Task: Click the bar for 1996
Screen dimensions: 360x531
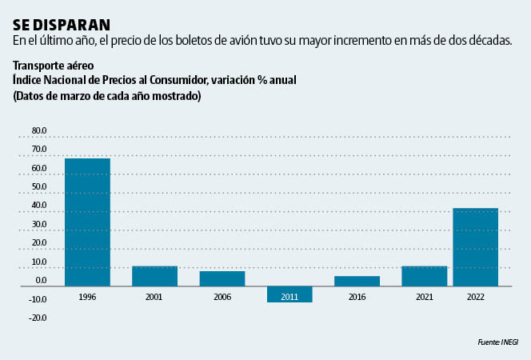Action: [x=87, y=222]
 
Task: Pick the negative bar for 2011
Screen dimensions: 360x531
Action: [x=289, y=294]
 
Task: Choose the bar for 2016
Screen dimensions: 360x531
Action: [x=357, y=281]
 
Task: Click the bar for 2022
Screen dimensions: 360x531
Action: [x=476, y=246]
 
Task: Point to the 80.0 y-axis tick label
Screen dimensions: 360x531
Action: [x=39, y=130]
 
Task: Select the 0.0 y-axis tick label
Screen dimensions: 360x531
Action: [x=41, y=281]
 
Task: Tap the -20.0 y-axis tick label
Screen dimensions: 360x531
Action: [x=38, y=318]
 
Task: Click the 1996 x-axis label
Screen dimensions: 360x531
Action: [x=87, y=297]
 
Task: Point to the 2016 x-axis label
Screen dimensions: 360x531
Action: [x=357, y=297]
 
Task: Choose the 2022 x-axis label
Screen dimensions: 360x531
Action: [x=476, y=297]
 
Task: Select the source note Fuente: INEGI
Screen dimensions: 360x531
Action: [x=498, y=342]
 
